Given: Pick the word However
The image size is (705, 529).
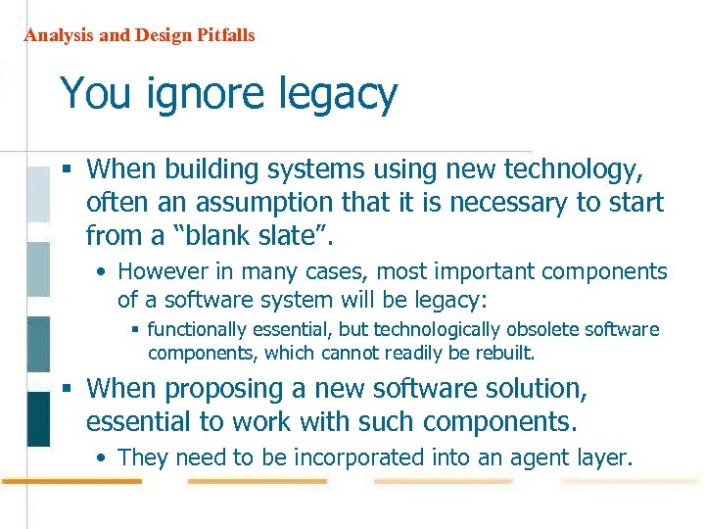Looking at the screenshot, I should tap(162, 271).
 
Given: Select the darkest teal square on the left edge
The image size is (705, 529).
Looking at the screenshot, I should tap(37, 418).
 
